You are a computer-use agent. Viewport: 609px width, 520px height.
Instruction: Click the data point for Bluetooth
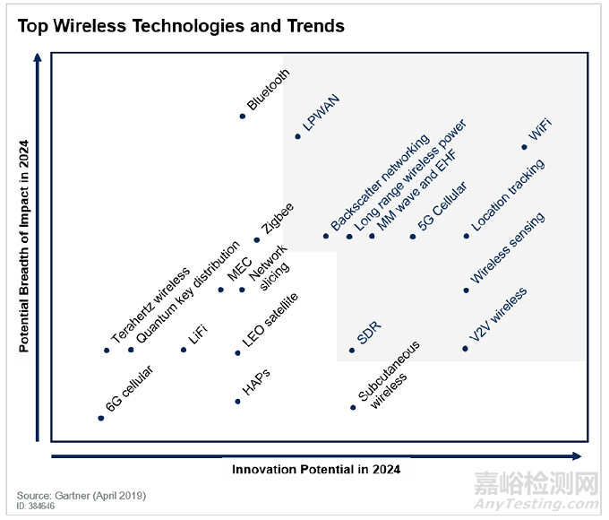pyautogui.click(x=243, y=116)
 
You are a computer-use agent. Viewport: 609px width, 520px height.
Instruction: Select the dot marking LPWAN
pyautogui.click(x=298, y=136)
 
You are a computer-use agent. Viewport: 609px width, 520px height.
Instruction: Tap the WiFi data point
pyautogui.click(x=524, y=148)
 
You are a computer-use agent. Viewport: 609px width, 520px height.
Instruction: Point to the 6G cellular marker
pyautogui.click(x=100, y=418)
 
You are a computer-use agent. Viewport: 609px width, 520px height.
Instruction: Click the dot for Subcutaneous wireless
pyautogui.click(x=353, y=407)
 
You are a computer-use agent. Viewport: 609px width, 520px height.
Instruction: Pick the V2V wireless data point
pyautogui.click(x=466, y=348)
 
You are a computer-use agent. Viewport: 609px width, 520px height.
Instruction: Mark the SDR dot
pyautogui.click(x=352, y=351)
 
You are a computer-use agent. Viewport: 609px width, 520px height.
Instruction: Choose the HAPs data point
pyautogui.click(x=237, y=401)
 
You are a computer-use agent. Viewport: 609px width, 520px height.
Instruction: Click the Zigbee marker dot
pyautogui.click(x=257, y=239)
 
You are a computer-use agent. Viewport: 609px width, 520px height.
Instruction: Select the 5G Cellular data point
pyautogui.click(x=413, y=237)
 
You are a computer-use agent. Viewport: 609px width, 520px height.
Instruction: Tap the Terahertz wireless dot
pyautogui.click(x=107, y=350)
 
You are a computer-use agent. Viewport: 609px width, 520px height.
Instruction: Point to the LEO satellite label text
pyautogui.click(x=270, y=320)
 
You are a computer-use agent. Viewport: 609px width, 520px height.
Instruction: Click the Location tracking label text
pyautogui.click(x=508, y=195)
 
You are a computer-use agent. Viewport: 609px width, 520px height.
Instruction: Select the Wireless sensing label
pyautogui.click(x=508, y=248)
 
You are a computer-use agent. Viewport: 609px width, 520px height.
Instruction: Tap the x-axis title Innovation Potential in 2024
pyautogui.click(x=315, y=469)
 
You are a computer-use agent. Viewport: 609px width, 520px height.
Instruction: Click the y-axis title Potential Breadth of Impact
pyautogui.click(x=25, y=246)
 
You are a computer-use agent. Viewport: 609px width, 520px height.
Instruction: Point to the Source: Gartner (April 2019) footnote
pyautogui.click(x=81, y=495)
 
